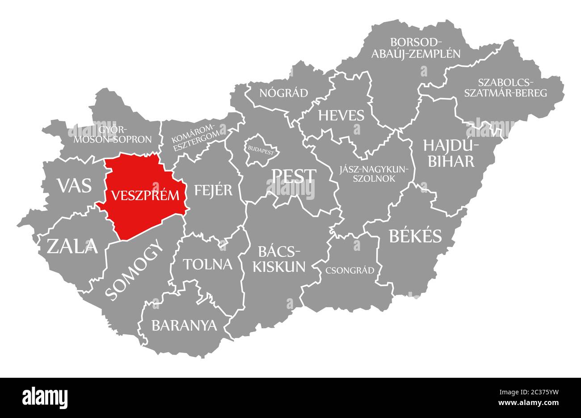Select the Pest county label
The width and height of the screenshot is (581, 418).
coord(294,176)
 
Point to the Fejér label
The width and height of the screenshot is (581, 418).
coord(213,190)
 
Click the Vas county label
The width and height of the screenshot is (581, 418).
coord(74,185)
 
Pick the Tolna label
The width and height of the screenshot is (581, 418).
coord(208,264)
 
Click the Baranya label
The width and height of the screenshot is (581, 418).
coord(184,325)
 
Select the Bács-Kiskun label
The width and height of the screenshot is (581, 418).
coord(279,259)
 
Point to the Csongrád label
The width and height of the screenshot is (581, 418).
coord(349,270)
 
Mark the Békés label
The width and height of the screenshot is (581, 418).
coord(415,236)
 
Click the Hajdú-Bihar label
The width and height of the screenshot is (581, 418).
coord(451,153)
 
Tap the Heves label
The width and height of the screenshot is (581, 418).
coord(341,115)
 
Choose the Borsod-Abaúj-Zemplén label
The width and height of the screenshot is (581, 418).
coord(425,48)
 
